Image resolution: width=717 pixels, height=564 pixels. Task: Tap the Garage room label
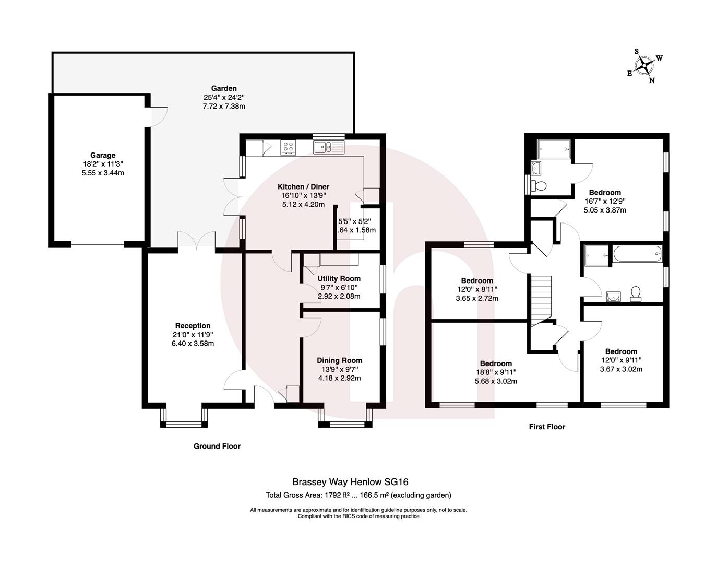coord(103,155)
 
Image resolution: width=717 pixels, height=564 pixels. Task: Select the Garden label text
coord(224,88)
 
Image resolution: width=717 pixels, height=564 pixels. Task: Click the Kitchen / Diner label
coord(303,186)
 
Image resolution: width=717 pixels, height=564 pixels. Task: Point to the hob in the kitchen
coord(288,147)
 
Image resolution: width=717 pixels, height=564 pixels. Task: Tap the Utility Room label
coord(339,278)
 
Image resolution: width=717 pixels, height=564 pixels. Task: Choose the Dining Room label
coord(339,360)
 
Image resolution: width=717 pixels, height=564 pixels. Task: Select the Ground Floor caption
coord(217,446)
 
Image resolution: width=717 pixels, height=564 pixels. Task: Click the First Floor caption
coord(547,427)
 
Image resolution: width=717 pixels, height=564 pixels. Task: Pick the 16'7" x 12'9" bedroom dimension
coord(605,201)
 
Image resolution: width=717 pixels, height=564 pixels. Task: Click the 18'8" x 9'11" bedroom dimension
coord(496,372)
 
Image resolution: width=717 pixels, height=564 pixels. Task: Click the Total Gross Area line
coord(359,495)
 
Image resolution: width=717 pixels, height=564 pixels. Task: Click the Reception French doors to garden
coord(196,241)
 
